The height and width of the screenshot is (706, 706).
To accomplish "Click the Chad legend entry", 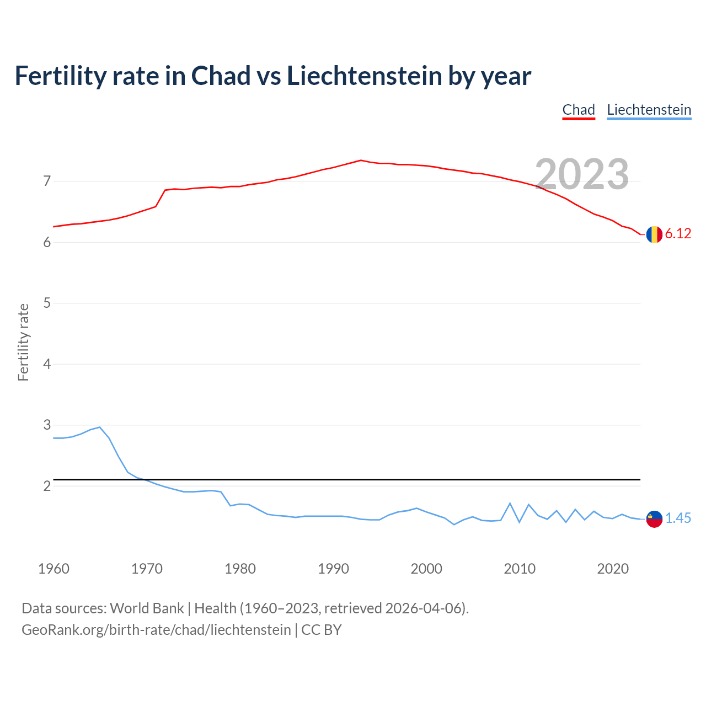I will (x=579, y=110).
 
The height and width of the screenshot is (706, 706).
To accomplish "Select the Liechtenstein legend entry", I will (x=649, y=110).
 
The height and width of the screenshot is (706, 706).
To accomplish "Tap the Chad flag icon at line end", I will (x=654, y=234).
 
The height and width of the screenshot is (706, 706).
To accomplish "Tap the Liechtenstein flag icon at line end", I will (x=654, y=519).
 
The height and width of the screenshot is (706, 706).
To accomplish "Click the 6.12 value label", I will (x=678, y=234).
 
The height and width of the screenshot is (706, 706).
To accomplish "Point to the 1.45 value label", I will (x=678, y=518).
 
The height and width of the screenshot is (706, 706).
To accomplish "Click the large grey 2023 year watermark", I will (x=582, y=174).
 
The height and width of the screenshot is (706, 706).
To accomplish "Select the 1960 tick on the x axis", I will (x=54, y=569).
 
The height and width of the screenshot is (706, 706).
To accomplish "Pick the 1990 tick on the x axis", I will (x=333, y=569).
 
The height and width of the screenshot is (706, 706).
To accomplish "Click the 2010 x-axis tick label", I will (x=520, y=569).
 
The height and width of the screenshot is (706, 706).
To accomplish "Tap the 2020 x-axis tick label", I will (x=613, y=569).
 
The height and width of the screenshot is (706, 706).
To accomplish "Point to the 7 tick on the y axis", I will (x=47, y=181).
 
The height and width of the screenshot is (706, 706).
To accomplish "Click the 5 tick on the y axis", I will (x=47, y=303).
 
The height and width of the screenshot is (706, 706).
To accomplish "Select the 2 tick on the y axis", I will (x=47, y=486).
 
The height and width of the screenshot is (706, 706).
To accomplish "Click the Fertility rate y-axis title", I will (x=23, y=342).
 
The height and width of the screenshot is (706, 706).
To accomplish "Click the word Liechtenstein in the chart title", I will (x=364, y=76).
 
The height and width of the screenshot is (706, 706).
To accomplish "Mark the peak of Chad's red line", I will (x=361, y=160).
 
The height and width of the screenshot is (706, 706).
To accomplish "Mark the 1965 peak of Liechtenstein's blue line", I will (x=100, y=427).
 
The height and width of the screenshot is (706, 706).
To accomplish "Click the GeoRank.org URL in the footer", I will (x=156, y=630).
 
